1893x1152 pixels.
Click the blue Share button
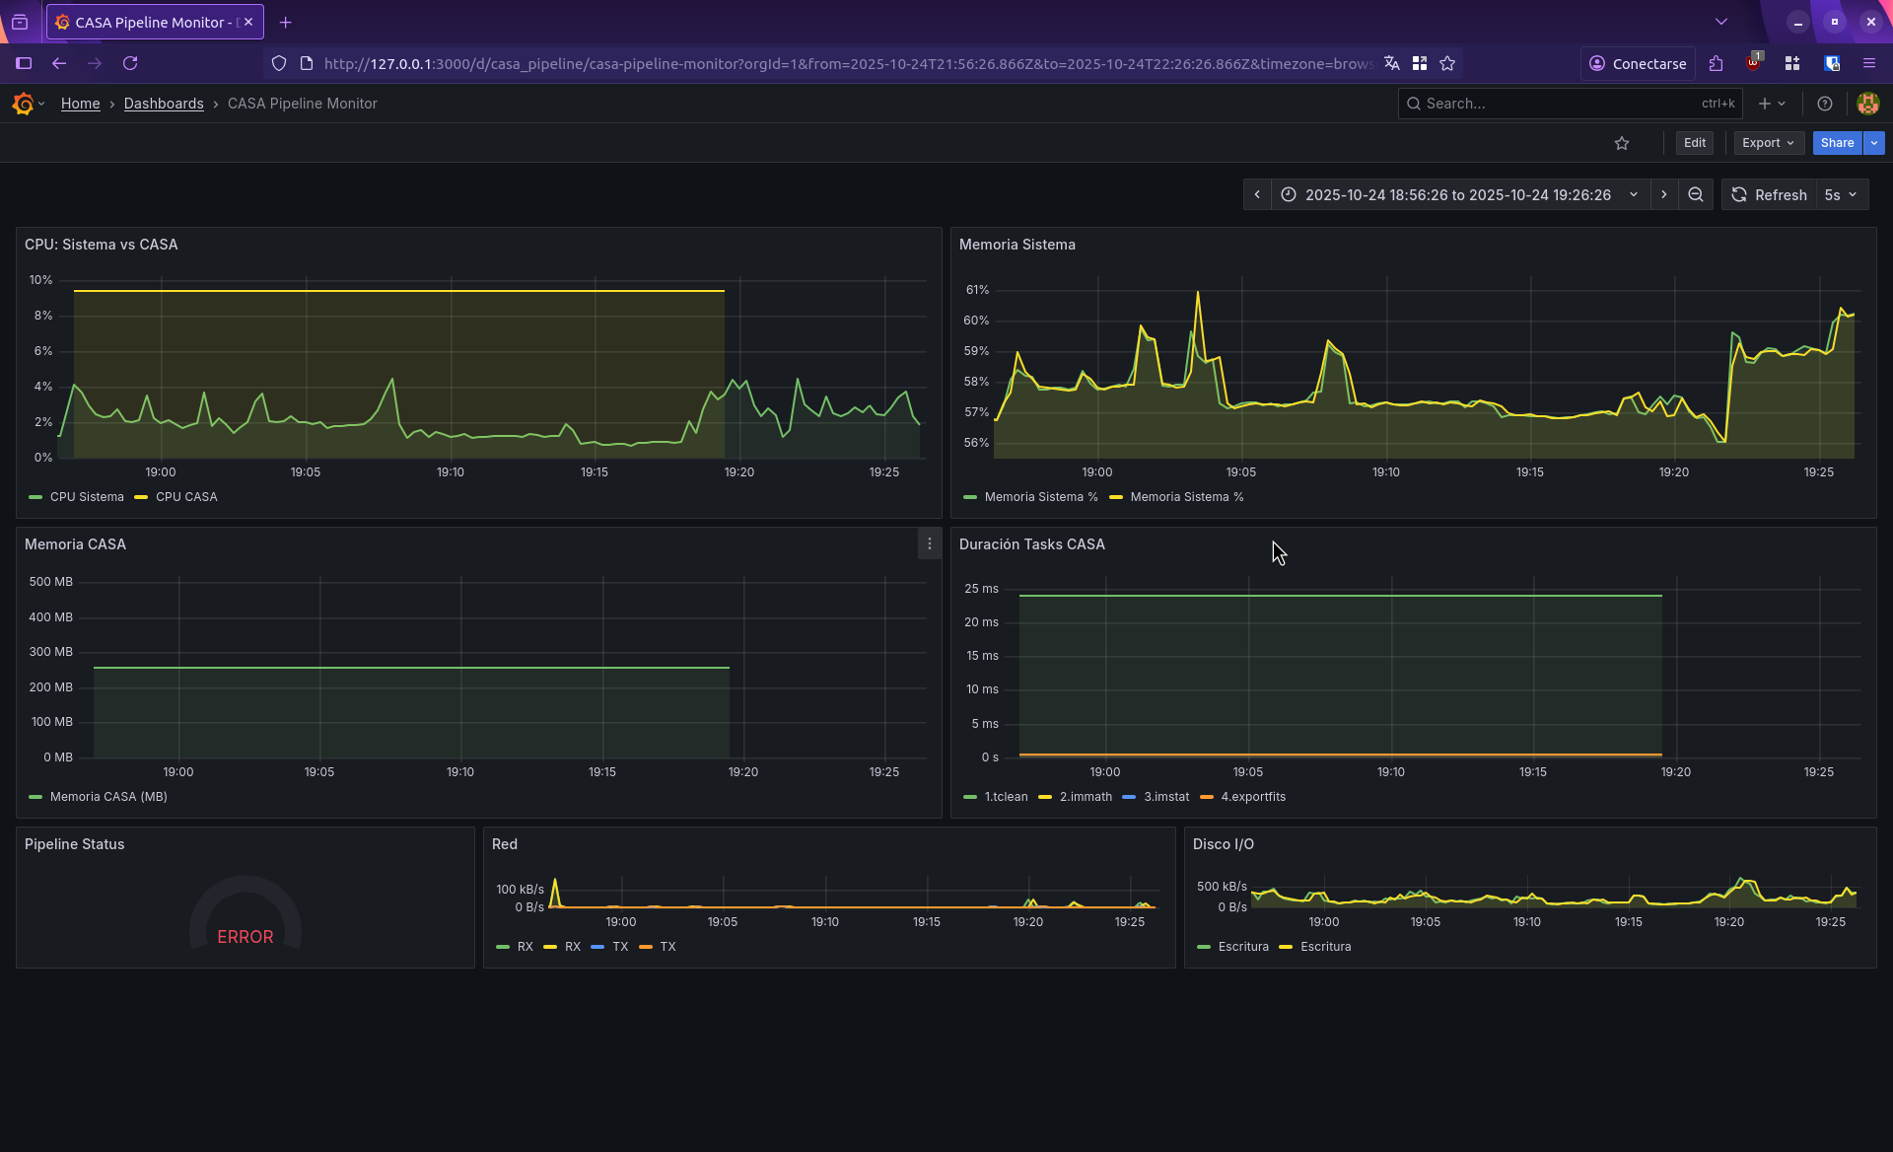click(1836, 143)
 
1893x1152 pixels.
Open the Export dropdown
click(1768, 143)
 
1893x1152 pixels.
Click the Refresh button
click(1770, 195)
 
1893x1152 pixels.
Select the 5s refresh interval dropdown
click(1841, 195)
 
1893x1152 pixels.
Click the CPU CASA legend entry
click(185, 497)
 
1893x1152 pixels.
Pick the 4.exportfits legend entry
click(1252, 797)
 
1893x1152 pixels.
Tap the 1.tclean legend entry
click(1005, 797)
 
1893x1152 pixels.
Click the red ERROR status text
click(245, 937)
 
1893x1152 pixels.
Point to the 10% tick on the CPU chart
click(40, 280)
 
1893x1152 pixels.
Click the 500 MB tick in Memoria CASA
click(51, 582)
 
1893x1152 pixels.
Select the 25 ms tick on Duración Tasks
click(981, 589)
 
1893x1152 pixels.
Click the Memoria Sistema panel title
click(1017, 245)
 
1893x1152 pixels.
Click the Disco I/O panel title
click(1223, 844)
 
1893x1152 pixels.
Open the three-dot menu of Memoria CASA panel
click(929, 544)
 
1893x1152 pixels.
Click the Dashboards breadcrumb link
click(164, 104)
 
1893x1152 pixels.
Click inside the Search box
click(1558, 104)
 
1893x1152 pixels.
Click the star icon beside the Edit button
click(1622, 144)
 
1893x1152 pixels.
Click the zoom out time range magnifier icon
click(1695, 195)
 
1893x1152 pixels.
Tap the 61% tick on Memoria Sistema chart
click(977, 290)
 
